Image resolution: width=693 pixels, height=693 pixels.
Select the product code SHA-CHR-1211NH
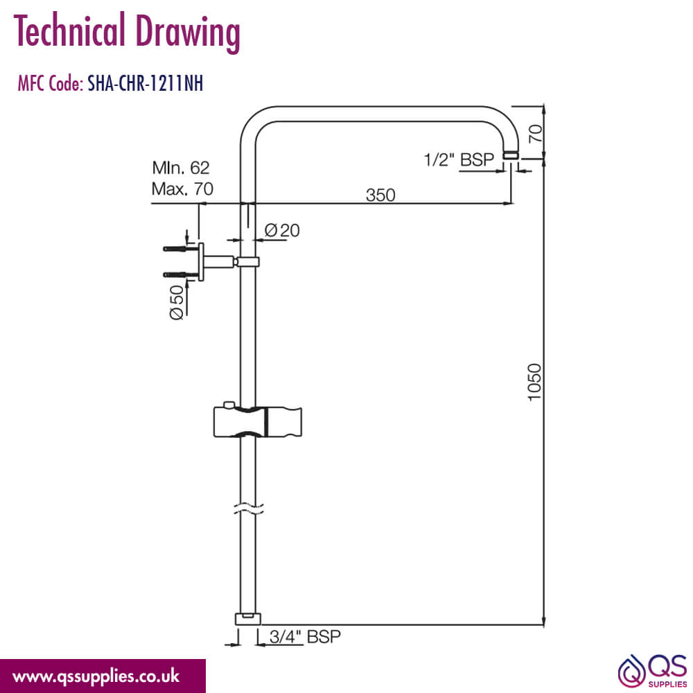[146, 83]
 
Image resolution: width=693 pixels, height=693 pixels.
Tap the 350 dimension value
[380, 195]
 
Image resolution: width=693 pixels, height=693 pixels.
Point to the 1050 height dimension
[534, 382]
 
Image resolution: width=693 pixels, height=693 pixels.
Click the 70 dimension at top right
[535, 133]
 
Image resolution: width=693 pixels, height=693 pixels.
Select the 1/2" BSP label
[459, 159]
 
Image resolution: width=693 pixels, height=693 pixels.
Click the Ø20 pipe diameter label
[282, 230]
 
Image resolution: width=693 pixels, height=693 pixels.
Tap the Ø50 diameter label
[177, 302]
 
